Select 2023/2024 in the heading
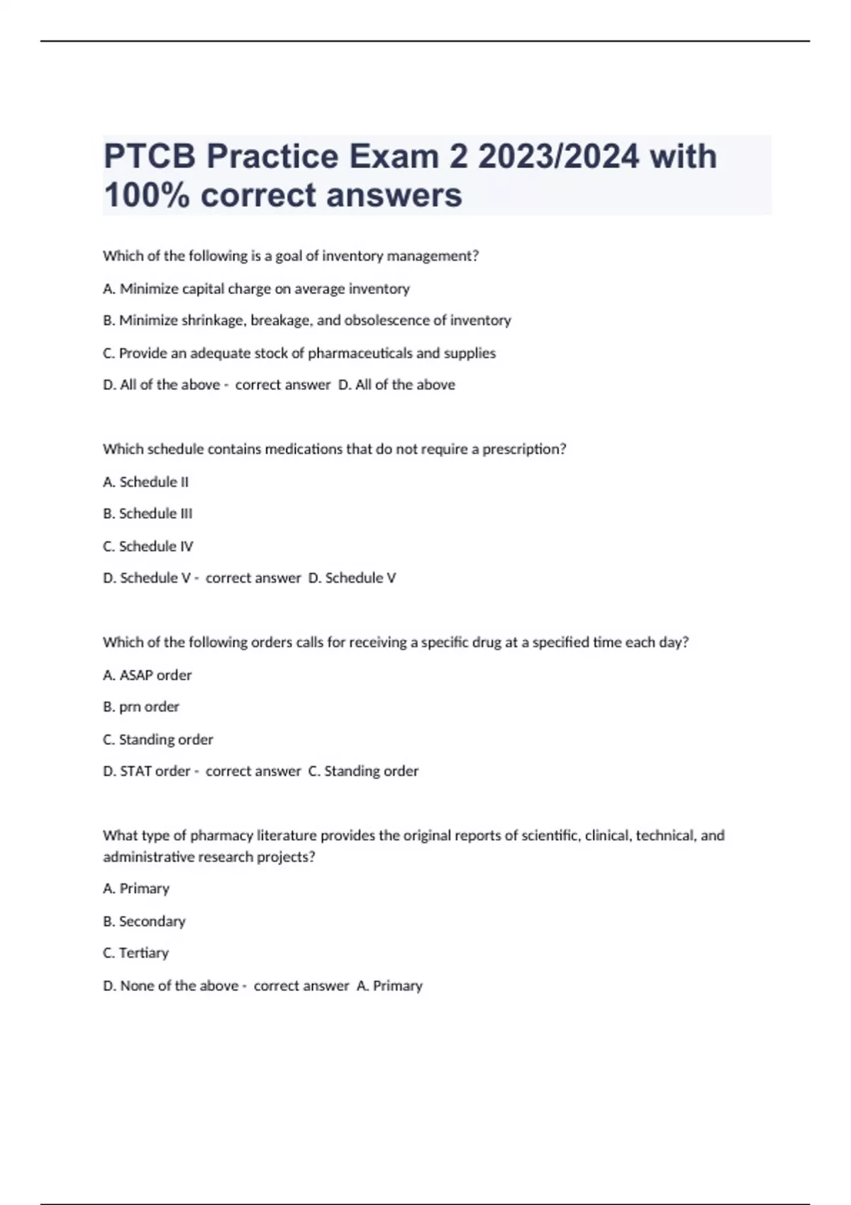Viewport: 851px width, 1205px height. [558, 157]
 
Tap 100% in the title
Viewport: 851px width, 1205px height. [146, 195]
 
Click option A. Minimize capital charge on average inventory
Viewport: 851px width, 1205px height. [256, 288]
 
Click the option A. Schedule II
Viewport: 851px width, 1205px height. [145, 482]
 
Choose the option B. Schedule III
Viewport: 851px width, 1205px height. [148, 513]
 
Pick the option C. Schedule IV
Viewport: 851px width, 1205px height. [148, 546]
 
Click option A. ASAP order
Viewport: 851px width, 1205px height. [147, 675]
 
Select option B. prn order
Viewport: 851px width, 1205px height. [141, 707]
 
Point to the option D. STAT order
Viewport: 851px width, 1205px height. [147, 771]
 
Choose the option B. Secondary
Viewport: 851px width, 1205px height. [144, 921]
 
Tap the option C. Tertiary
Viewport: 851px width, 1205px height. [135, 953]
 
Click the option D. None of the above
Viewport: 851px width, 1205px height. [170, 985]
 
